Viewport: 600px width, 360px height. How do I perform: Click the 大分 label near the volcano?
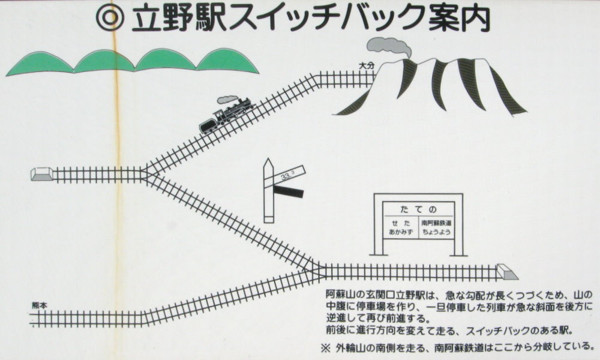coord(366,66)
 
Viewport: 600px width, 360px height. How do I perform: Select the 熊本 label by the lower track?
coord(40,305)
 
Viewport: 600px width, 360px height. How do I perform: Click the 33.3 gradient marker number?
coord(287,176)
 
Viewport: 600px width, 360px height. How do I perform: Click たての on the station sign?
coord(418,209)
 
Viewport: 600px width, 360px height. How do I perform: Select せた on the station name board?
coord(401,223)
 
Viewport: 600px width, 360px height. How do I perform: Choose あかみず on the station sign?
coord(401,232)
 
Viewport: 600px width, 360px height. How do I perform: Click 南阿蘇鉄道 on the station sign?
coord(436,223)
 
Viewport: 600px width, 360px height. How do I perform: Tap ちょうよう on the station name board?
coord(436,232)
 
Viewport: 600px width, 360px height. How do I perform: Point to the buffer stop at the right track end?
coord(507,272)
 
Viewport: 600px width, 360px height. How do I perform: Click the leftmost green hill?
coord(40,63)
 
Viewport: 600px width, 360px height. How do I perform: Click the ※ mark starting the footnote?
coord(326,348)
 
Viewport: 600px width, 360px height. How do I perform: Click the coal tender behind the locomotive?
coord(208,125)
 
